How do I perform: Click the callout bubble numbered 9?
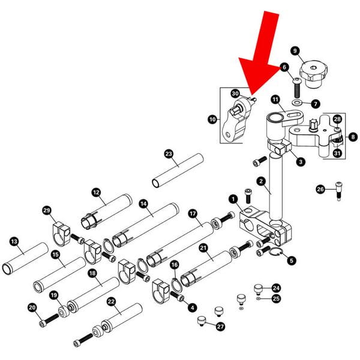coord(295,50)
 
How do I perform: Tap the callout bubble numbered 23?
coord(169,154)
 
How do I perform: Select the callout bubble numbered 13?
coord(14,241)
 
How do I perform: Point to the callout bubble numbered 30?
coord(236,94)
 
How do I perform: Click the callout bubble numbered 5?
coord(292,260)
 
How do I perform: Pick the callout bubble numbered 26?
coord(320,190)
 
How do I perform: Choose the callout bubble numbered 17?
coord(193,213)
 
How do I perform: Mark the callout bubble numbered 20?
coord(32,308)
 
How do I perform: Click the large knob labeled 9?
coord(314,73)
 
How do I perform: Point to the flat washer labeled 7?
coord(297,103)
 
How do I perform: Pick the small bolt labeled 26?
coord(340,191)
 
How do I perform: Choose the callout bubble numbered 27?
coord(221,327)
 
